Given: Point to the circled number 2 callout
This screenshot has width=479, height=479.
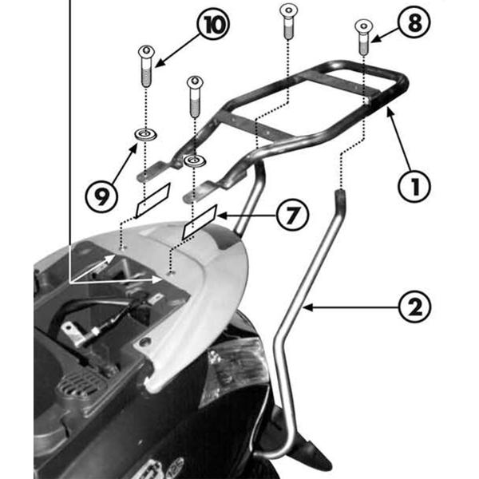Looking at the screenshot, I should tap(414, 305).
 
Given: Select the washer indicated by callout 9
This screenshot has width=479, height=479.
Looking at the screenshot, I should tap(144, 133).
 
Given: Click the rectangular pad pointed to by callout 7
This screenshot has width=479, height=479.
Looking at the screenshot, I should tap(200, 224).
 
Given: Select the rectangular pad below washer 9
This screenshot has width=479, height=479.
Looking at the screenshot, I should tap(152, 200).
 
